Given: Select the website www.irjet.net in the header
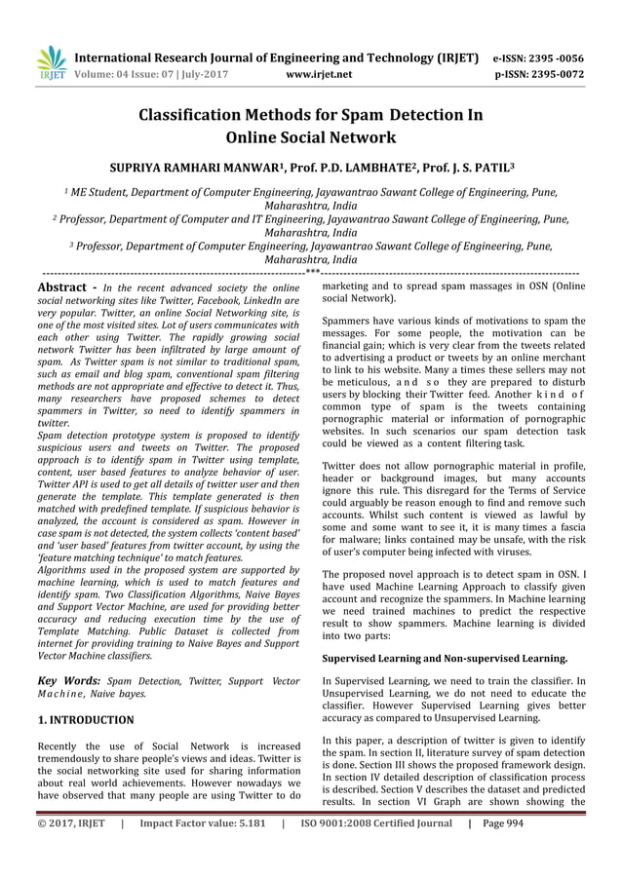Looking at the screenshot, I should pos(320,73).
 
